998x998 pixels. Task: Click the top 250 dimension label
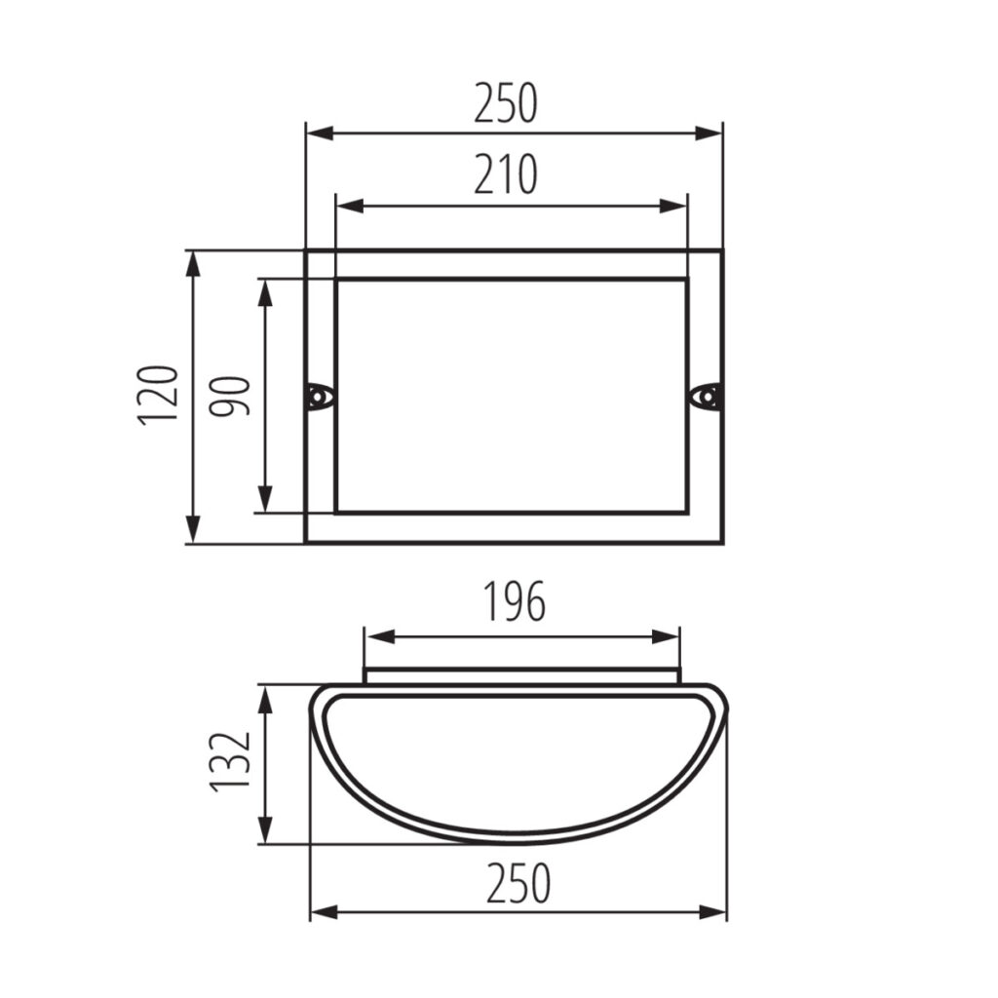coord(506,102)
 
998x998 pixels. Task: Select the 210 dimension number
coord(506,173)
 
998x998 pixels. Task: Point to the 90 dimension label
coord(230,396)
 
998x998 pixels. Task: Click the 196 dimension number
coord(515,600)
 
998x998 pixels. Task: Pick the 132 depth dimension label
coord(230,762)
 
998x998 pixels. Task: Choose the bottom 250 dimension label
coord(518,883)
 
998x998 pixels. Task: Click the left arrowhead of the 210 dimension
coord(350,207)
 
